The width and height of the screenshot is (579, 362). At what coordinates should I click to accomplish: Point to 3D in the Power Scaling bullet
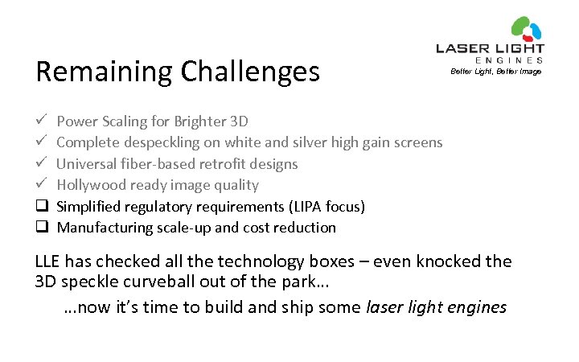point(239,121)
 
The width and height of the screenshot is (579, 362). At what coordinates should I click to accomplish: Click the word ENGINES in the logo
point(510,60)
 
